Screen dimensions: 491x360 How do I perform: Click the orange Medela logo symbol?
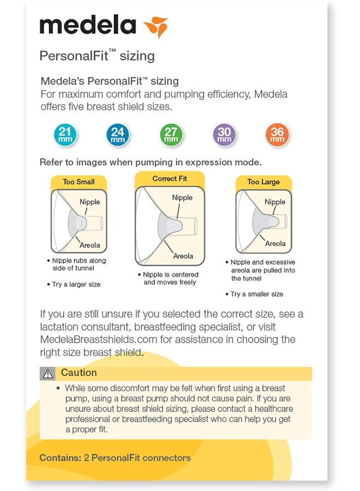[155, 27]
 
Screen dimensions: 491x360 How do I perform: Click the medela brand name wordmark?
[88, 26]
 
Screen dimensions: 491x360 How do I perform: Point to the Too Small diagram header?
[79, 182]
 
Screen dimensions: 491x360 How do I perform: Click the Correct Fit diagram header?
[170, 178]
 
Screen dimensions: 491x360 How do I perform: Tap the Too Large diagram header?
[263, 182]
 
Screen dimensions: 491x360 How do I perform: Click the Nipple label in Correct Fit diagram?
[182, 197]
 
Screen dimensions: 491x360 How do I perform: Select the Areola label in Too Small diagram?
[90, 245]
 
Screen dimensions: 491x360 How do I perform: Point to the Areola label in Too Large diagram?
[275, 243]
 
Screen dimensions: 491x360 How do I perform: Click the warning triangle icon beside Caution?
[49, 374]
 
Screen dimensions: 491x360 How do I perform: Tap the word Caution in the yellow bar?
[79, 373]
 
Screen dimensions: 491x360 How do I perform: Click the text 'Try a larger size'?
[76, 285]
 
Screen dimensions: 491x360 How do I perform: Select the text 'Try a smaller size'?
[256, 294]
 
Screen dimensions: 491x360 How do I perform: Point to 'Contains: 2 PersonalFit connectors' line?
[115, 458]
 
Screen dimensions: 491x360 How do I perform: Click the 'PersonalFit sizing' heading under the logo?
[97, 56]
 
